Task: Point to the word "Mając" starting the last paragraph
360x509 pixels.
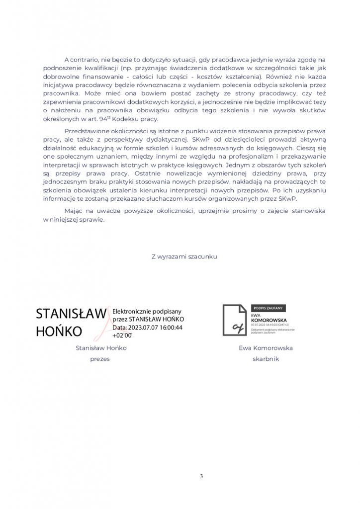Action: coord(74,211)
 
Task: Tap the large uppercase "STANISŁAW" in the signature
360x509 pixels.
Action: coord(71,314)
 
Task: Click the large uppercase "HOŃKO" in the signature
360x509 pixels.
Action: coord(59,332)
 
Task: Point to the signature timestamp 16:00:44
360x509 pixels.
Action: coord(168,328)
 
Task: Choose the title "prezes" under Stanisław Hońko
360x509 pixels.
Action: coord(100,359)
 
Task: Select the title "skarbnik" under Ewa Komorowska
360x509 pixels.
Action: coord(266,359)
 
